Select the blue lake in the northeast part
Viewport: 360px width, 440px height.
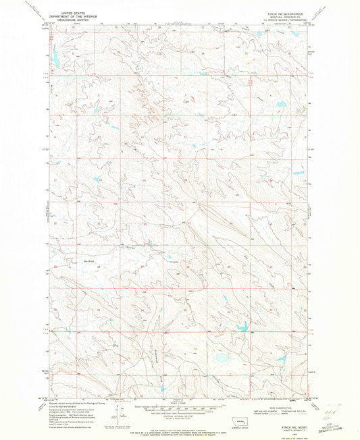coord(278,104)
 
